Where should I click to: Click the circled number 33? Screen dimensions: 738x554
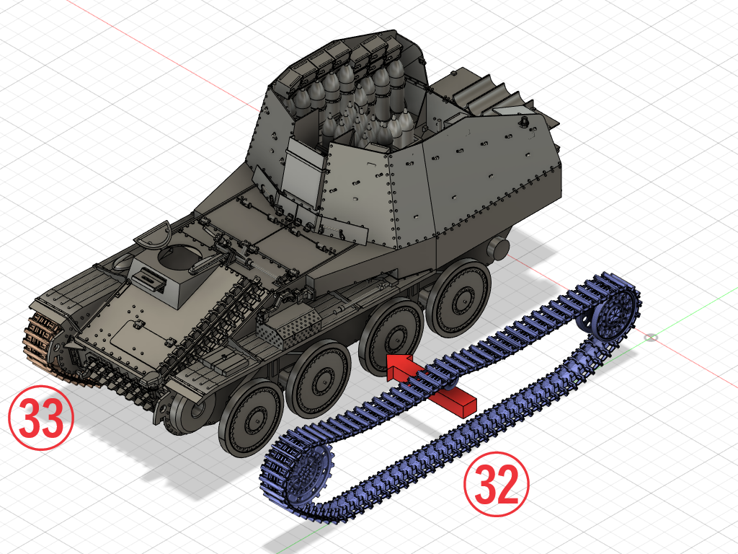point(41,417)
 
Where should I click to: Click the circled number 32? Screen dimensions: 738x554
point(497,484)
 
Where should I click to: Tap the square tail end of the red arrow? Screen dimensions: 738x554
point(466,406)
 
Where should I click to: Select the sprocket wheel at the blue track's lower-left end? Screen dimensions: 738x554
point(308,471)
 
